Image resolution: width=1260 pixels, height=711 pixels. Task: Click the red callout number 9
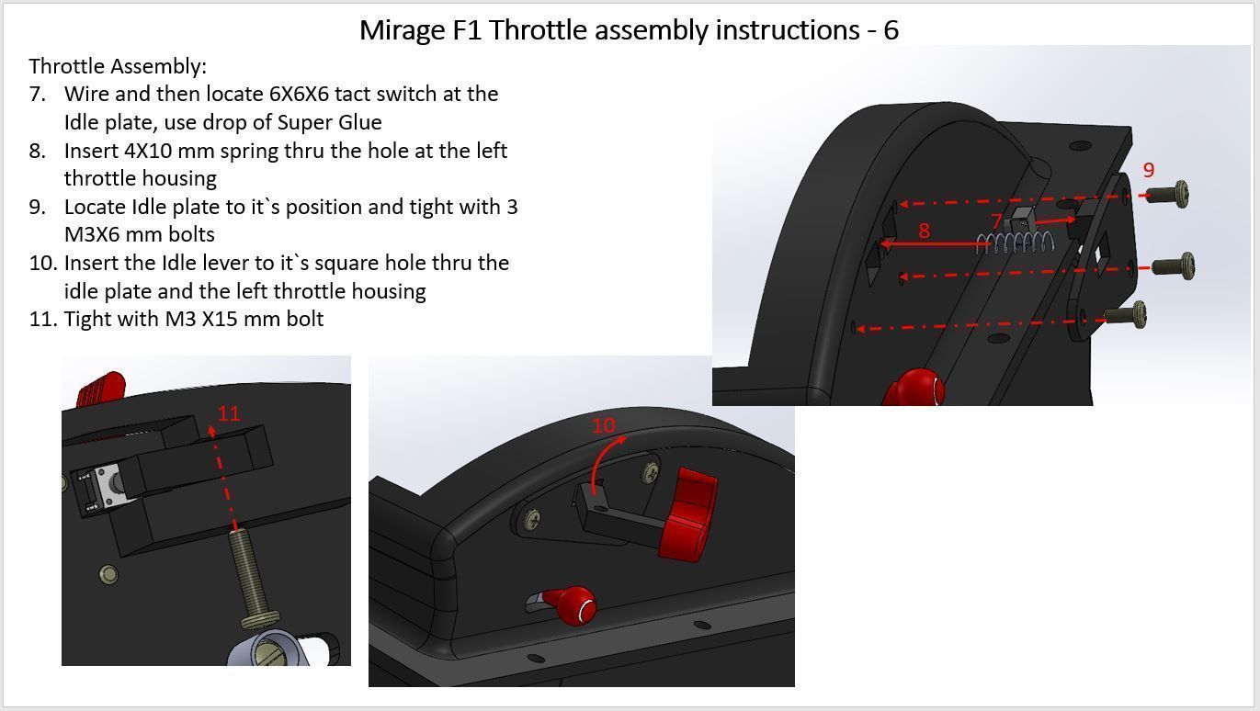pyautogui.click(x=1148, y=170)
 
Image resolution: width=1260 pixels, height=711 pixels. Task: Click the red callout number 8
pyautogui.click(x=924, y=231)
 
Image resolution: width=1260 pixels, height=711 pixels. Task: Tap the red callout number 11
pyautogui.click(x=229, y=413)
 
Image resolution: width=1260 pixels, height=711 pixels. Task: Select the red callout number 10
pyautogui.click(x=603, y=425)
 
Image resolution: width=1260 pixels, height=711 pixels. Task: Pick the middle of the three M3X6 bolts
pyautogui.click(x=1174, y=266)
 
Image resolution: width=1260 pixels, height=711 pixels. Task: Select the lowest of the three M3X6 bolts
pyautogui.click(x=1127, y=315)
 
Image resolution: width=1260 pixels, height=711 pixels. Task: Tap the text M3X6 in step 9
pyautogui.click(x=95, y=234)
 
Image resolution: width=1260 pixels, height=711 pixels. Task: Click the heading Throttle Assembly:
pyautogui.click(x=118, y=66)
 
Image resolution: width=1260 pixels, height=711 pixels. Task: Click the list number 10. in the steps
pyautogui.click(x=43, y=264)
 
